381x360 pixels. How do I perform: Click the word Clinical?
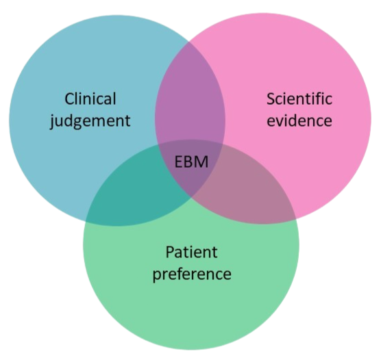pos(90,99)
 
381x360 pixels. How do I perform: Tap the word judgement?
pos(90,120)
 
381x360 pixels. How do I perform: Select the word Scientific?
pos(299,99)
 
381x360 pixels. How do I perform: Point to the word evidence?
pos(299,120)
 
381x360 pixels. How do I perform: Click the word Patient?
pos(191,252)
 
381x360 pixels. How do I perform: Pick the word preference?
pos(192,274)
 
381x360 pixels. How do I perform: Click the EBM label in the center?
pos(191,162)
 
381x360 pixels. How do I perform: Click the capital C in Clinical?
pos(69,99)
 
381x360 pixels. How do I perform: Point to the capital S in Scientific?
pos(271,99)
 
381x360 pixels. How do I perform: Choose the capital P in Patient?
pos(170,252)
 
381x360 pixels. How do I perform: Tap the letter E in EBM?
pos(178,162)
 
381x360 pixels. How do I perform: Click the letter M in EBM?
pos(202,162)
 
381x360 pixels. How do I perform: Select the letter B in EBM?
pos(189,162)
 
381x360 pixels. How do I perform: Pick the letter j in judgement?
pos(53,121)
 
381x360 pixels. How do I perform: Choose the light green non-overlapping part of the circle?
pos(191,303)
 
